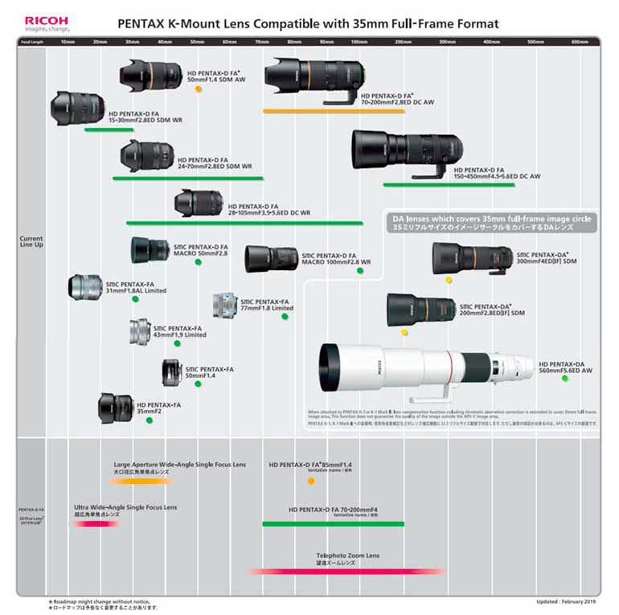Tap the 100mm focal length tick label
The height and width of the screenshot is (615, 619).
coord(359,41)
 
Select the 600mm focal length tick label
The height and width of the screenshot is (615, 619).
coord(580,41)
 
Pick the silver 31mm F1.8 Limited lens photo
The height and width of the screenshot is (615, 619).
coord(86,287)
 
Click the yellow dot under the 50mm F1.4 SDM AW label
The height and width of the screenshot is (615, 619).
coord(198,88)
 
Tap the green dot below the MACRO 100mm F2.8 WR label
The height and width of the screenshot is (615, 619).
coord(360,271)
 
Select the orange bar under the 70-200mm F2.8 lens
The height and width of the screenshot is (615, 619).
coord(334,111)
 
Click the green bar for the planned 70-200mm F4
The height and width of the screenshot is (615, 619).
coord(333,523)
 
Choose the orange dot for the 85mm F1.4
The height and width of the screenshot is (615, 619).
coord(311,481)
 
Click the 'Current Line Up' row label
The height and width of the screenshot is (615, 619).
coord(31,241)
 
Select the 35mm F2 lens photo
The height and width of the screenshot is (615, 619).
coord(116,408)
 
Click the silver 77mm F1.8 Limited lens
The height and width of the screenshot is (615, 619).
coord(224,305)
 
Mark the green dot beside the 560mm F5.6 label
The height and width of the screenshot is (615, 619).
coord(565,378)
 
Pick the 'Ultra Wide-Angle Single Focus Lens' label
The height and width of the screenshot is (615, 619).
coord(125,507)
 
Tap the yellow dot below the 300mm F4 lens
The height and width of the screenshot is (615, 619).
coord(449,280)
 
